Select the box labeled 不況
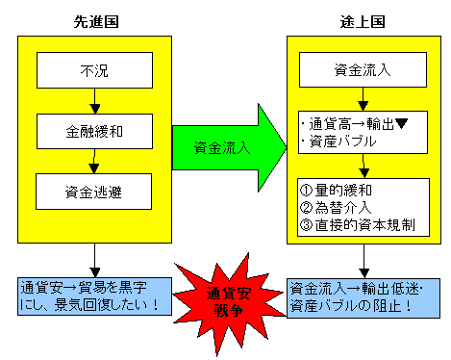[x=93, y=69]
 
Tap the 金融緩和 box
[x=93, y=129]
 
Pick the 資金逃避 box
[x=93, y=190]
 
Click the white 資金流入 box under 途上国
[x=361, y=69]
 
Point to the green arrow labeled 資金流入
[x=229, y=147]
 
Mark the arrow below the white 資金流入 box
[x=361, y=99]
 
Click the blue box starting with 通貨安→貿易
[x=93, y=295]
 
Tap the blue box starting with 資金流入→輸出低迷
[x=361, y=295]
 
